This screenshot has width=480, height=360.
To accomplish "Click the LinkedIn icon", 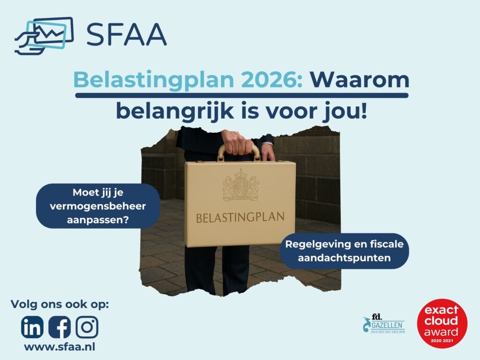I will (x=32, y=327).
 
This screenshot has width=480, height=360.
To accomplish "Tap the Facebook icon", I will (x=60, y=327).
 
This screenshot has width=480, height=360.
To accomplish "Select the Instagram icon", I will (x=87, y=327).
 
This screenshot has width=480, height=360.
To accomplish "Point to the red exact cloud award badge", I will (x=442, y=324).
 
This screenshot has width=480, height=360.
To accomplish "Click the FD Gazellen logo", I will (x=383, y=324).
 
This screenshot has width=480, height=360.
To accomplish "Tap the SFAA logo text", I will (x=127, y=34).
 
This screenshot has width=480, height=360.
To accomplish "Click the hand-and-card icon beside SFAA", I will (x=44, y=35).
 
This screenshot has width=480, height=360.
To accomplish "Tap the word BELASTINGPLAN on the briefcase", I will (x=240, y=217).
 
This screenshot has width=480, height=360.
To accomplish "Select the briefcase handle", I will (x=239, y=151).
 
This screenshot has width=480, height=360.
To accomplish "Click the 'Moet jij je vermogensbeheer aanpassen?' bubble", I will (x=98, y=206).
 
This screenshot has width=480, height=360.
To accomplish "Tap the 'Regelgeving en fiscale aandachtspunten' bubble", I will (x=344, y=251).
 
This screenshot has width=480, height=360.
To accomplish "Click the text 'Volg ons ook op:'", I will (x=60, y=304).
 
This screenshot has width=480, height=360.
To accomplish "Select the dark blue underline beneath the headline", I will (x=242, y=95).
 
